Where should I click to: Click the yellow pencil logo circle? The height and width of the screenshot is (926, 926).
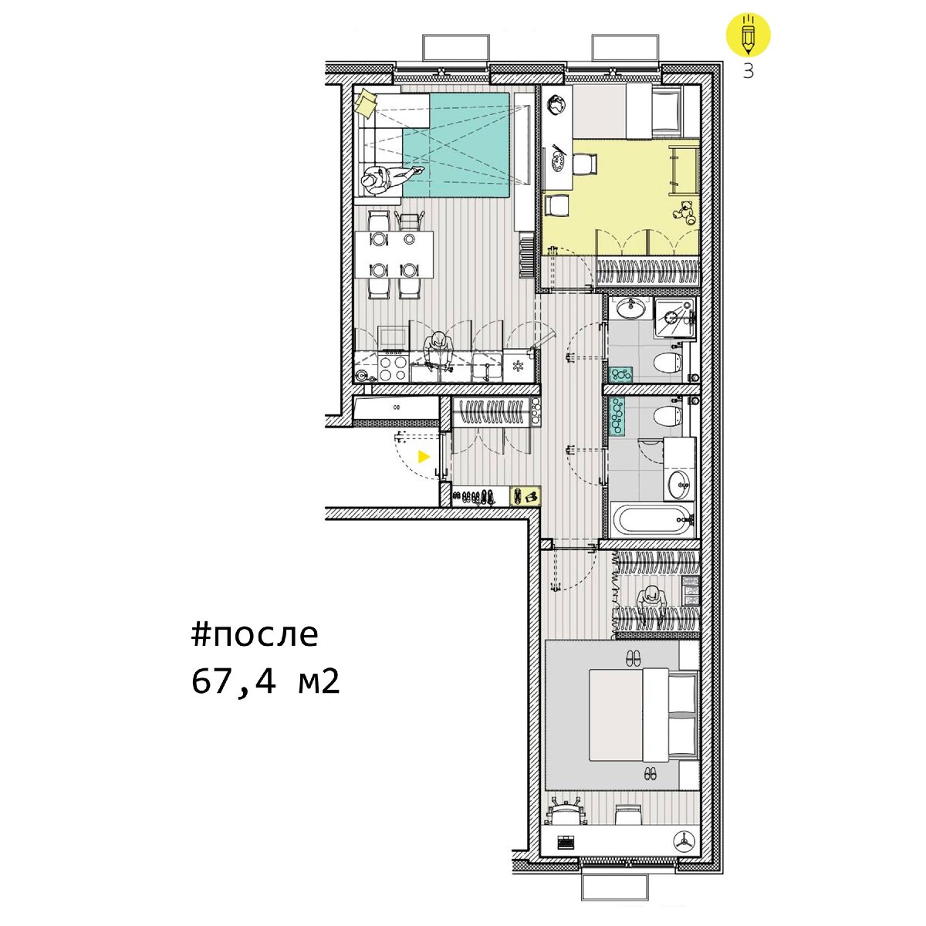(748, 34)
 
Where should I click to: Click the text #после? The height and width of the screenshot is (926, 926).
(254, 635)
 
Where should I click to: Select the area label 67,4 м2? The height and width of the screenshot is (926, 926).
(265, 682)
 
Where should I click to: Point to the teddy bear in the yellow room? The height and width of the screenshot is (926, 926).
(684, 212)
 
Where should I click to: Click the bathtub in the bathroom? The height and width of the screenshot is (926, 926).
(651, 520)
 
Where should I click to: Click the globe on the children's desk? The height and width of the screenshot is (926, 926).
(557, 105)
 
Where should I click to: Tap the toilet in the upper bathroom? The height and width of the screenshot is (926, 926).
(669, 363)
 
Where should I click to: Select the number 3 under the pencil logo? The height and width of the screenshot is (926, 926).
(749, 71)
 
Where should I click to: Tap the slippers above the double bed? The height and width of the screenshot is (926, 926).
(633, 657)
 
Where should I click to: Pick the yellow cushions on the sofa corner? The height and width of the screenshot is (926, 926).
(367, 103)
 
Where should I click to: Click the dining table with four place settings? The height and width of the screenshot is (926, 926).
(394, 255)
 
